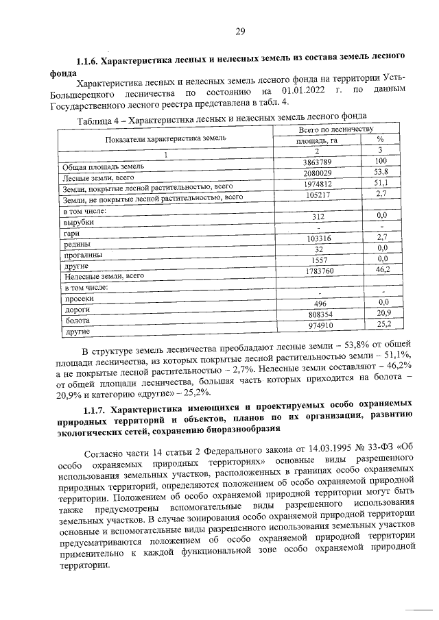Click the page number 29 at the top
point(239,31)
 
